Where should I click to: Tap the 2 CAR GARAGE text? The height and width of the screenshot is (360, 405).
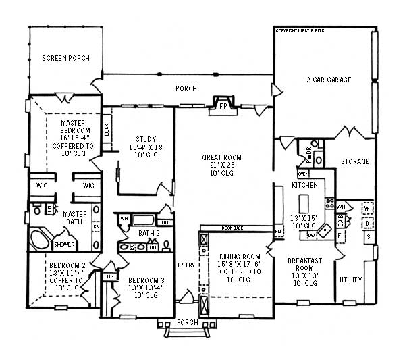click(x=327, y=80)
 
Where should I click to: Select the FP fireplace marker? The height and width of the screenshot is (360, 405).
click(x=223, y=105)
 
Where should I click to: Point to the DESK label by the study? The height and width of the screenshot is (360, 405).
click(x=107, y=128)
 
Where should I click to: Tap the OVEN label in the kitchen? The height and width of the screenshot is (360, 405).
click(x=303, y=174)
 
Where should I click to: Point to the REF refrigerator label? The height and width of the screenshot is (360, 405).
click(x=278, y=232)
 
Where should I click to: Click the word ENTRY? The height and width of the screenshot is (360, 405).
click(x=186, y=265)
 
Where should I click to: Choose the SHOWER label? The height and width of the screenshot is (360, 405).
click(x=65, y=245)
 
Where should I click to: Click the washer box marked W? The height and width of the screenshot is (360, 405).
click(x=368, y=209)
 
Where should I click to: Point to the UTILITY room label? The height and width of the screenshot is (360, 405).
click(x=351, y=280)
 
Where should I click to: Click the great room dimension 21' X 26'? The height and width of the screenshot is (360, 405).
click(x=222, y=165)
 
